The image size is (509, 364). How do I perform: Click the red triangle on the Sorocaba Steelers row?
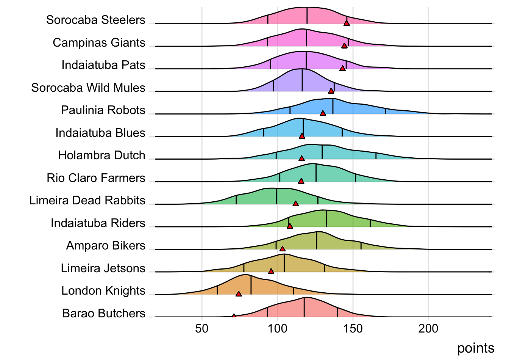347,23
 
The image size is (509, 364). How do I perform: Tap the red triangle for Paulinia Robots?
323,113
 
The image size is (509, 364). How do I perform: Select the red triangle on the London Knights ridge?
239,293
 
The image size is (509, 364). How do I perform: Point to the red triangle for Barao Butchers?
234,316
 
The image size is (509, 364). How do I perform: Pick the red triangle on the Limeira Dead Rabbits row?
296,204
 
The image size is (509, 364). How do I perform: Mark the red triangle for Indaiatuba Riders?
290,226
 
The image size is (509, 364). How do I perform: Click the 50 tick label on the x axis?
202,328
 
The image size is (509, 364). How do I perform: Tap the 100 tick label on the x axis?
277,328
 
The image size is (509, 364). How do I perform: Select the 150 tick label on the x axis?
353,328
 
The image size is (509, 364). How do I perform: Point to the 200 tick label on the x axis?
428,328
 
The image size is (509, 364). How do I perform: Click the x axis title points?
476,348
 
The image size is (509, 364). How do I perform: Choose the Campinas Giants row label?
99,42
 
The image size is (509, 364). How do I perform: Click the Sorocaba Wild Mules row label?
88,88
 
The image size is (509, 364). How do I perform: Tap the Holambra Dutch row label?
101,155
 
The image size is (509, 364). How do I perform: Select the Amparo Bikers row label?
106,245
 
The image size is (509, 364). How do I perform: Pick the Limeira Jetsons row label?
103,268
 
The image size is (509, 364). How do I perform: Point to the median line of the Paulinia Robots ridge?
333,106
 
